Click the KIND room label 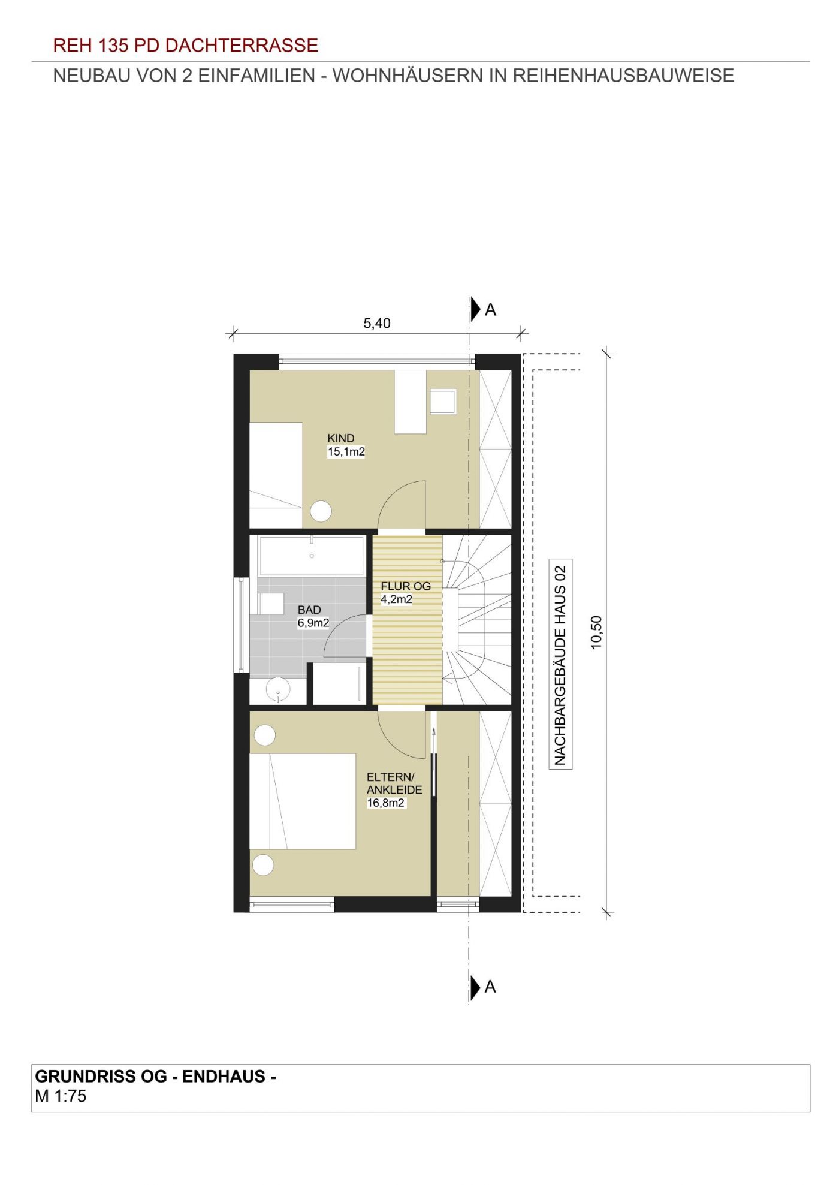point(341,438)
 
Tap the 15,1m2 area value point(346,452)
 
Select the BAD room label point(309,610)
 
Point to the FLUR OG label point(406,586)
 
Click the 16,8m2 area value point(386,803)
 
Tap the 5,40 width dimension point(377,324)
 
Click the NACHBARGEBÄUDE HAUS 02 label point(560,664)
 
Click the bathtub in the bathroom point(312,556)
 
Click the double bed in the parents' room point(303,801)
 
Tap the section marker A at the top point(483,309)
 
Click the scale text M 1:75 point(61,1096)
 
